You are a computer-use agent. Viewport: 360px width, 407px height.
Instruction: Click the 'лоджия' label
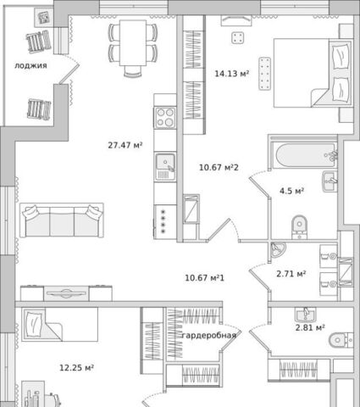tap(30, 66)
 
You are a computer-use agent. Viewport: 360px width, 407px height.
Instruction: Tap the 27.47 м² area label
tap(125, 145)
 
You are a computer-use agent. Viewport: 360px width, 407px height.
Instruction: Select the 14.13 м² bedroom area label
tap(232, 74)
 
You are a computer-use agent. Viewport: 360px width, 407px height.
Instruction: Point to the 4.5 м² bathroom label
tap(291, 191)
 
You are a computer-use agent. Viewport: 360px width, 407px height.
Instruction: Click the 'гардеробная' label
tap(209, 336)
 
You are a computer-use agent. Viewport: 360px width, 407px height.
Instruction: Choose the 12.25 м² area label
tap(76, 368)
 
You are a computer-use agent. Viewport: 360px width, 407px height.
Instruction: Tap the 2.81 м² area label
tap(310, 327)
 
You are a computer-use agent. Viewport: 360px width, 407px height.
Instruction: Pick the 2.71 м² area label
tap(291, 274)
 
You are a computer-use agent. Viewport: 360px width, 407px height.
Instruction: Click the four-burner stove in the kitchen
tap(165, 118)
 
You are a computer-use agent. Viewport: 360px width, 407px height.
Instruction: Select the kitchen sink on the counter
tap(165, 166)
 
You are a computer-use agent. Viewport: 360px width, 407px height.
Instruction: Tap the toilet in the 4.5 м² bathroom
tap(299, 227)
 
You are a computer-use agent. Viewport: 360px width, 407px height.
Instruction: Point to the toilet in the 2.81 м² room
tap(341, 340)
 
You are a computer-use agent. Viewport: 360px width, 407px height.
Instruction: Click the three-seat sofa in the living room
tap(62, 220)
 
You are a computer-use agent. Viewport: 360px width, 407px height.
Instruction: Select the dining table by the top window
tap(133, 42)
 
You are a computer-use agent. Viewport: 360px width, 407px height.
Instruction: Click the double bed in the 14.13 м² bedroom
tap(313, 73)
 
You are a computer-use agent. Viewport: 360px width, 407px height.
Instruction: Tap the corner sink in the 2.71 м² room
tap(277, 250)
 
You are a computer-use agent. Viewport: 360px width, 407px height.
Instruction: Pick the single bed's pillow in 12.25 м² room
tap(34, 323)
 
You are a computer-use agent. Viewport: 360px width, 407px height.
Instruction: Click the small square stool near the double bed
tap(238, 38)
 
